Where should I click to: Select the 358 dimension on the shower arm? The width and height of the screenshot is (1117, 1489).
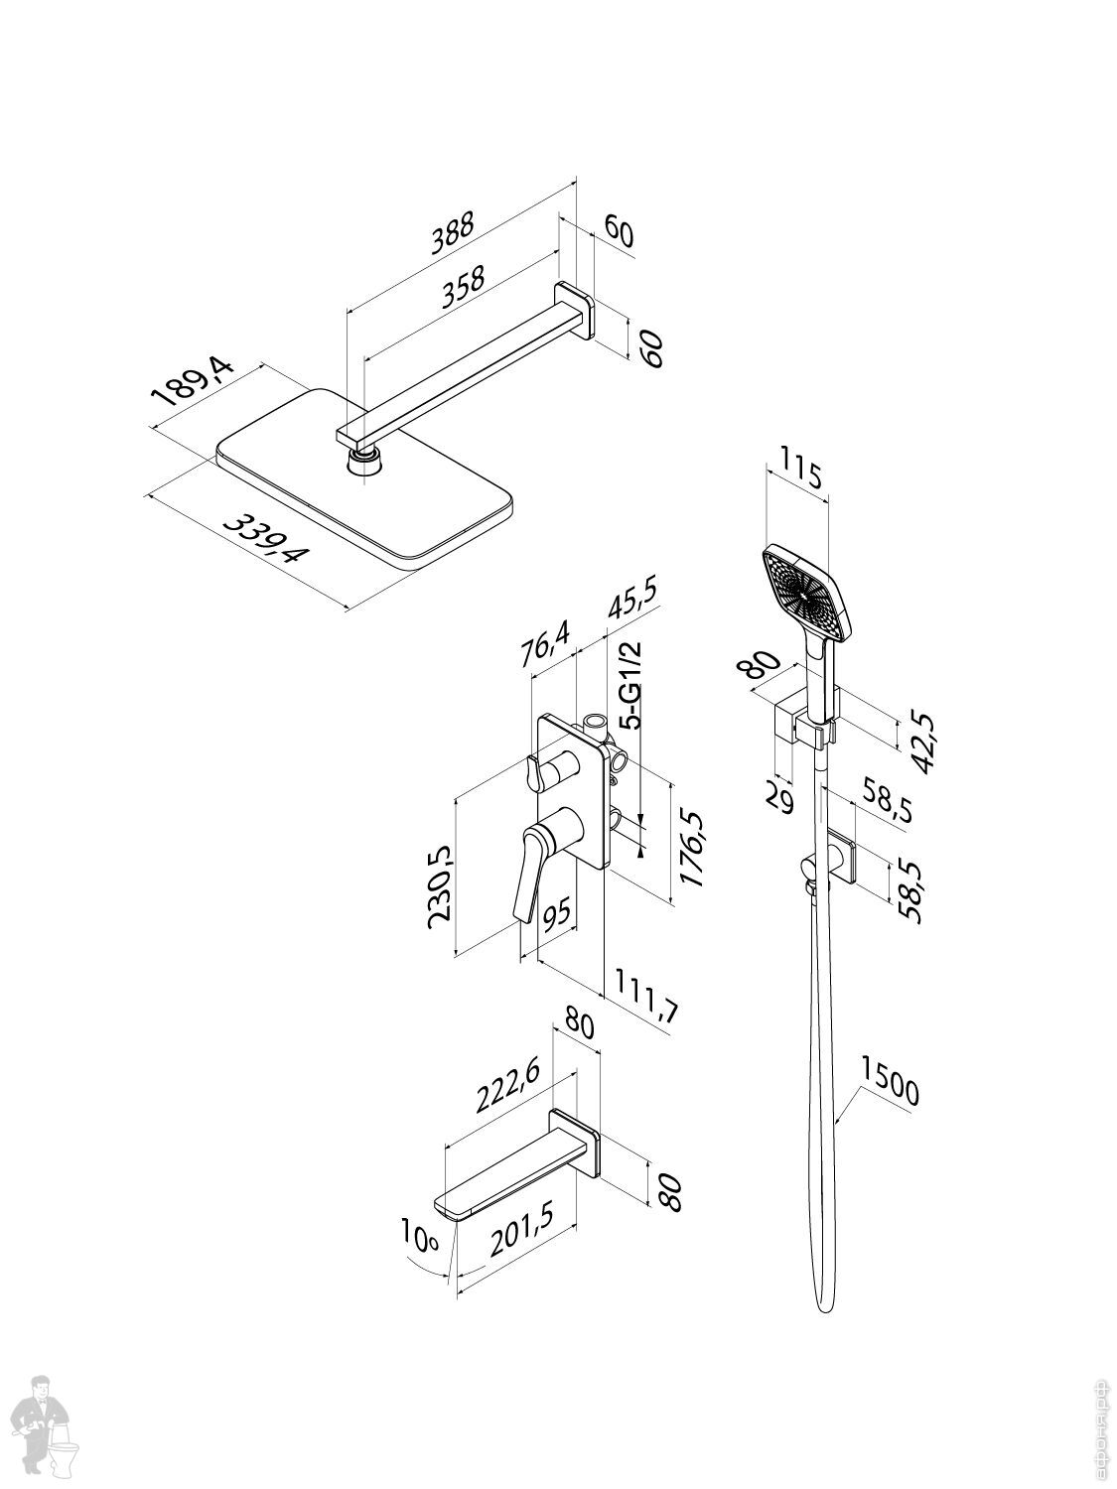pos(462,288)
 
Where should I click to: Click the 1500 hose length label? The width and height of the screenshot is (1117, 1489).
pos(890,1081)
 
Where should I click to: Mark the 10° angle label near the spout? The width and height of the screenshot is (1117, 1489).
pos(420,1238)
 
